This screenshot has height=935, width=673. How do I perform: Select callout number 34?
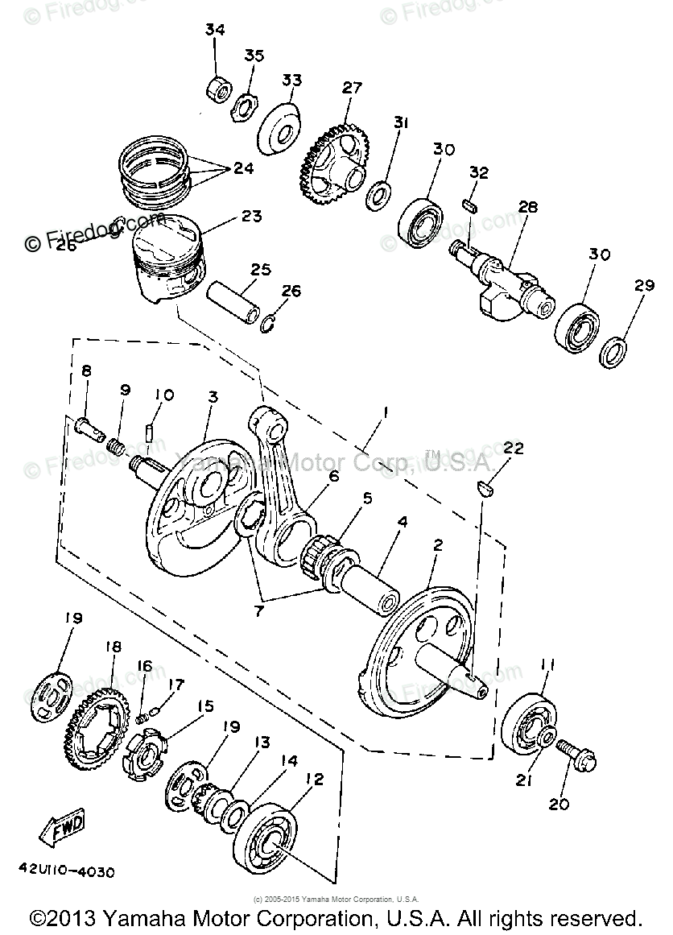click(214, 31)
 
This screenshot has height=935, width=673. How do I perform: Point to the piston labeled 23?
click(167, 262)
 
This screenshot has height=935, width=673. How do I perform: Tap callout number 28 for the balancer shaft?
click(527, 207)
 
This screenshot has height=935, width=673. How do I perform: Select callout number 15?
click(205, 706)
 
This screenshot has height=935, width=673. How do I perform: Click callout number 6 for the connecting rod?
click(332, 476)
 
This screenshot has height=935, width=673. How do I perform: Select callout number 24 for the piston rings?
click(243, 169)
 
